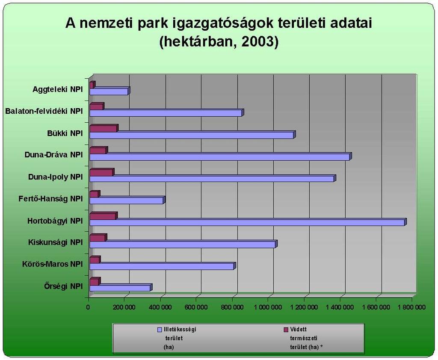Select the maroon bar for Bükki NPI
104,128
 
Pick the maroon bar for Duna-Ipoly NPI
102,172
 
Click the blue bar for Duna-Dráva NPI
221,156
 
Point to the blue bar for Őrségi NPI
121,288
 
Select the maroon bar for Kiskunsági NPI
98,238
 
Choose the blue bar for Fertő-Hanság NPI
127,200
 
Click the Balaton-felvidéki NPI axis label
44,111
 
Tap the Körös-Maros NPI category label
52,264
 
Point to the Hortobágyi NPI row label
55,221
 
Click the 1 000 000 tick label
268,307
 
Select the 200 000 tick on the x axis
124,307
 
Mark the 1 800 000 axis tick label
411,307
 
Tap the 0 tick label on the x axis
88,307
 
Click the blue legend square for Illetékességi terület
160,330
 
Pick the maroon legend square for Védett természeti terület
286,330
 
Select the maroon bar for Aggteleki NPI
92,85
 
